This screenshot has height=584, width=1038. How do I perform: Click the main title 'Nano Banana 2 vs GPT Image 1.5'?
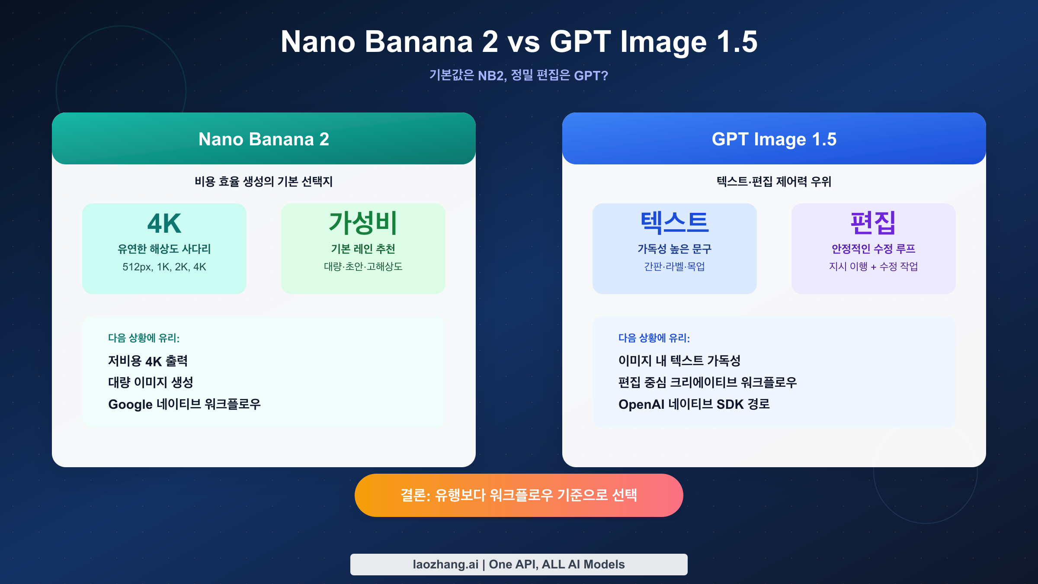pos(519,42)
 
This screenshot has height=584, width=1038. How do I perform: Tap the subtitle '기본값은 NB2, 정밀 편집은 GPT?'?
pos(519,76)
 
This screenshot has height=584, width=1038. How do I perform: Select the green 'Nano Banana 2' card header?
pos(264,139)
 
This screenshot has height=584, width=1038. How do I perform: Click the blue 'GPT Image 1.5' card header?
pos(774,139)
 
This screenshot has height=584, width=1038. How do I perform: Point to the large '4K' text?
pos(164,223)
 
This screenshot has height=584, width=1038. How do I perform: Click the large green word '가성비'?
pos(363,223)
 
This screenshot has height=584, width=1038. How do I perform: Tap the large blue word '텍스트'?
pos(674,223)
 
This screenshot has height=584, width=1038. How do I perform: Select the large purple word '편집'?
pos(873,223)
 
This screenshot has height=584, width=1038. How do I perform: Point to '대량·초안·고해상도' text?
pos(363,266)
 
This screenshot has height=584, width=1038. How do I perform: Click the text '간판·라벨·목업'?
pos(674,266)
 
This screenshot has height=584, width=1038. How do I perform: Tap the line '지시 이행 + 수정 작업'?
pos(873,266)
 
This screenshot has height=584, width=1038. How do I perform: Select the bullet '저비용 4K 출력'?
pos(148,361)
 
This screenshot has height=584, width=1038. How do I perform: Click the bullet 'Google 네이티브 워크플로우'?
pos(184,404)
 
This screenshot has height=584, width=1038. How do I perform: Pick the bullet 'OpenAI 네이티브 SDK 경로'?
pos(694,404)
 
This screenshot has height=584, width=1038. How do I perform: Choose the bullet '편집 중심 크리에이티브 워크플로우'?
pos(708,382)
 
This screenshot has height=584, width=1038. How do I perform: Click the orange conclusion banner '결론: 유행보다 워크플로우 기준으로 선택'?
pos(519,495)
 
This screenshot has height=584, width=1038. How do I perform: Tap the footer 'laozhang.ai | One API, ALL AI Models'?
pos(519,564)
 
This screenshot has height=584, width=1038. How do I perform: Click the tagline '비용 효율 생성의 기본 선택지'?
pos(264,181)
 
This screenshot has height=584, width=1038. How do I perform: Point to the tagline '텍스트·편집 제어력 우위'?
pos(774,181)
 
